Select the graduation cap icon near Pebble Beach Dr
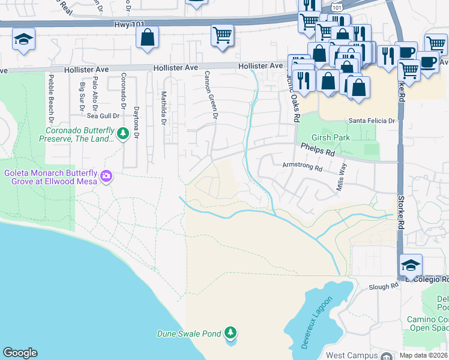pos(24,40)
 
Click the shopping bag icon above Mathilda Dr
pos(147,38)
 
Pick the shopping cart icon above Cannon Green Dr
pos(222,35)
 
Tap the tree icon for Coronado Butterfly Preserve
pos(123,133)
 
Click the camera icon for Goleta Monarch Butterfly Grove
pos(106,176)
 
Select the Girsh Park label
pos(335,137)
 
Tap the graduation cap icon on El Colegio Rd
pos(411,265)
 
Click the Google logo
pos(20,353)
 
